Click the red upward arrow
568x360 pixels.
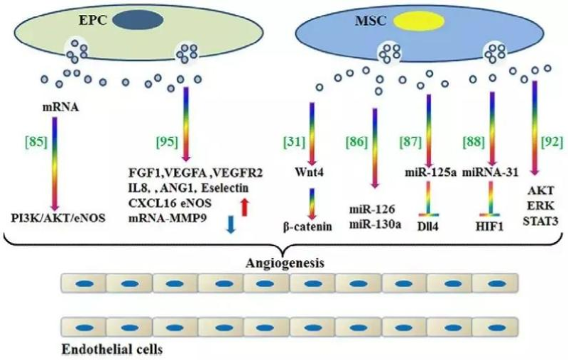tap(244, 207)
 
